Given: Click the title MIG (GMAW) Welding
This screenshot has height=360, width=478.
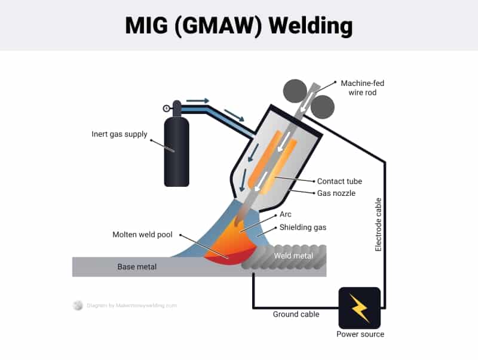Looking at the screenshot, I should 239,26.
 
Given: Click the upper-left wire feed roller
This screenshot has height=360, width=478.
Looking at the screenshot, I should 294,91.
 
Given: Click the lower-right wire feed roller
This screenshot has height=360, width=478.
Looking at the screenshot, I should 323,107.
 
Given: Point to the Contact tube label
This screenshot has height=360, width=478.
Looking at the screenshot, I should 339,181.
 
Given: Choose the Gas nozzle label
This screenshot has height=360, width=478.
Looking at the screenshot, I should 337,193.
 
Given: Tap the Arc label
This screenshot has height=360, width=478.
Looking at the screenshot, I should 286,214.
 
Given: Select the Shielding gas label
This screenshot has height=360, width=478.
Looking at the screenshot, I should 303,227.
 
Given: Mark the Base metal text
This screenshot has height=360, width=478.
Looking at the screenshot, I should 137,267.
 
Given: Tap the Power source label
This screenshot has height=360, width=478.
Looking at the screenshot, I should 360,334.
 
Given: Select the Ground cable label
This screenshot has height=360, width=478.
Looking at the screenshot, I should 296,314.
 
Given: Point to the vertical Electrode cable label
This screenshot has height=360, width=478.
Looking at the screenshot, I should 378,224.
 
